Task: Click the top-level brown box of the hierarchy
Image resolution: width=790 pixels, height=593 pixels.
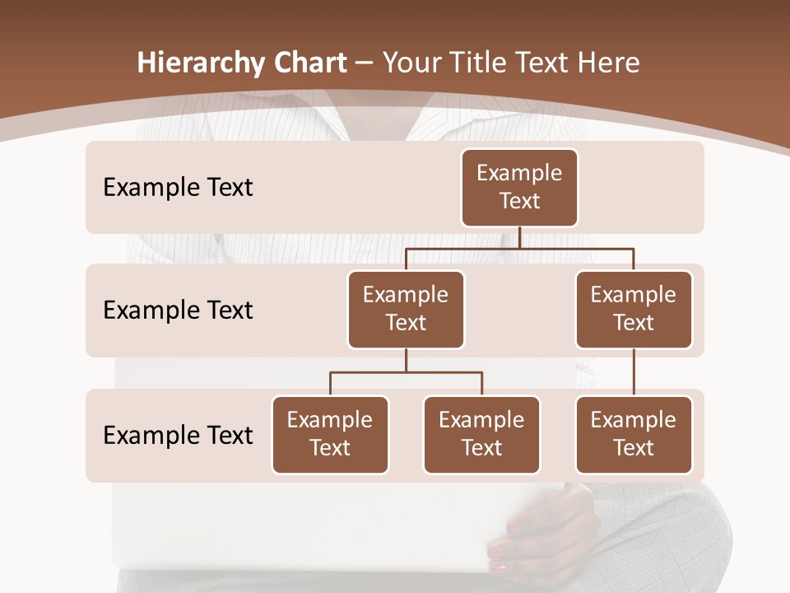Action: (519, 188)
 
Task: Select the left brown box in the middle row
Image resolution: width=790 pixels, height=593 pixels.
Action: (406, 309)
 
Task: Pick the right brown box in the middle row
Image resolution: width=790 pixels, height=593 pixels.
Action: (634, 309)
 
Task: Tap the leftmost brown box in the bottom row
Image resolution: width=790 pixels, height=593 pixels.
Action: (330, 434)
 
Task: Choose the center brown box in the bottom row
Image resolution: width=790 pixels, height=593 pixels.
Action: (481, 434)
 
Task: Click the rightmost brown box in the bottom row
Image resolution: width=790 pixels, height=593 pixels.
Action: (634, 434)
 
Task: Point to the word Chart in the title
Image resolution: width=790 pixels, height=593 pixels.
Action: (309, 63)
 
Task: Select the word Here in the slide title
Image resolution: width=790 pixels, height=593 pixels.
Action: (609, 63)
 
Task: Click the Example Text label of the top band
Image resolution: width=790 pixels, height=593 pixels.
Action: (178, 188)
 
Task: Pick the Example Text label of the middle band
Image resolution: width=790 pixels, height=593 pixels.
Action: (178, 311)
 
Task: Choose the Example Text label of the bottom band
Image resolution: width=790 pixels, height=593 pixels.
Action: (178, 435)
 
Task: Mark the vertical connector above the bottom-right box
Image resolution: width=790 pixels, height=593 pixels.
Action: (634, 372)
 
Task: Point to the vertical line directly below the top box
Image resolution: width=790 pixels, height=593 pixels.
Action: (519, 237)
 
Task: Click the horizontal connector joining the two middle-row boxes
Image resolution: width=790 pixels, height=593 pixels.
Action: (519, 248)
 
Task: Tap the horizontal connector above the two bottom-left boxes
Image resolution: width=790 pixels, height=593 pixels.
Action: (406, 372)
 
